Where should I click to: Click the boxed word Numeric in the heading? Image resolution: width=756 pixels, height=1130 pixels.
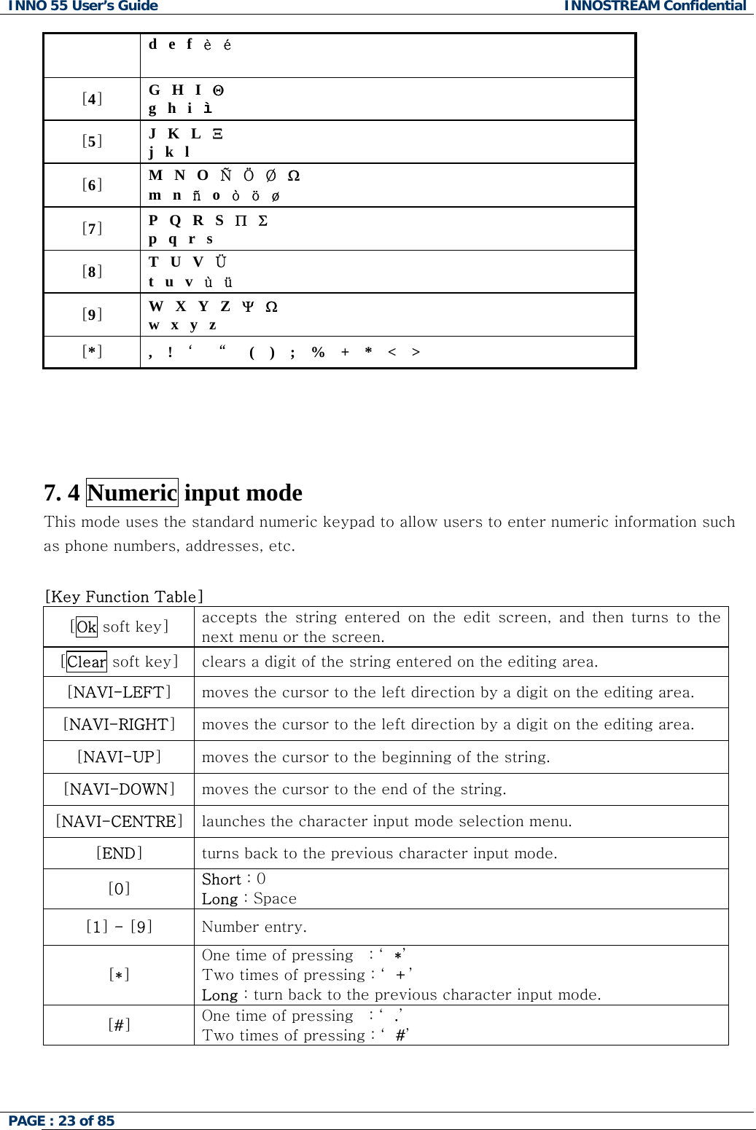[x=132, y=493]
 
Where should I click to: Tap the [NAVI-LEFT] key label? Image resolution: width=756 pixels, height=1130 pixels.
[x=119, y=692]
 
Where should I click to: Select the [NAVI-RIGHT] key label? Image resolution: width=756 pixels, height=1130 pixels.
[x=119, y=724]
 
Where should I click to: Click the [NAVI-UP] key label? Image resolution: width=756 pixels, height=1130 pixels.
[x=119, y=757]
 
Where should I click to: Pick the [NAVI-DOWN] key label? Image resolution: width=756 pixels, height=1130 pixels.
[x=119, y=789]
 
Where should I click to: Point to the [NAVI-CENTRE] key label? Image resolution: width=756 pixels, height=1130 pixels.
[x=119, y=821]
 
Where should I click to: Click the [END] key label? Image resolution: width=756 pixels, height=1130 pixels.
[x=119, y=853]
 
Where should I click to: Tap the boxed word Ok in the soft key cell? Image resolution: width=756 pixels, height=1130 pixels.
[x=87, y=627]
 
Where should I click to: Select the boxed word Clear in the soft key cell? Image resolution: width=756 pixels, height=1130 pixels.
[x=87, y=662]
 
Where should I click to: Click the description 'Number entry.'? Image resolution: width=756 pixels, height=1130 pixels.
[x=254, y=927]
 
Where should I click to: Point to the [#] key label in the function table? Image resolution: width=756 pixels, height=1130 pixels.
[x=119, y=1024]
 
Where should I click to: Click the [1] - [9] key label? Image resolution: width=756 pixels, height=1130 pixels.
[x=119, y=927]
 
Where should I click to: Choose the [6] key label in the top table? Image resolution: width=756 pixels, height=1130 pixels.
[x=92, y=185]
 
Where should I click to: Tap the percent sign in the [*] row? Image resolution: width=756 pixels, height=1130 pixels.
[x=318, y=353]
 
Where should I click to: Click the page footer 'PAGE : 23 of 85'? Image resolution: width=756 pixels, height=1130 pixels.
[x=61, y=1121]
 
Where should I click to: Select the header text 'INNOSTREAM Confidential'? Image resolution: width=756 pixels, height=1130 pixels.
[x=655, y=7]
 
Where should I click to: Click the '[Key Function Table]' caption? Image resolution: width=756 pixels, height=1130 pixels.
[x=124, y=597]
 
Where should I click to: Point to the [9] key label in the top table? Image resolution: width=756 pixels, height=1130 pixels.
[x=92, y=315]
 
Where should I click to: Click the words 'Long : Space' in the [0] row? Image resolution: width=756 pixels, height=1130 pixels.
[x=249, y=898]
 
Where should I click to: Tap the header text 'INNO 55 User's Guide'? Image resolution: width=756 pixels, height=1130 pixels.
[x=83, y=7]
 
